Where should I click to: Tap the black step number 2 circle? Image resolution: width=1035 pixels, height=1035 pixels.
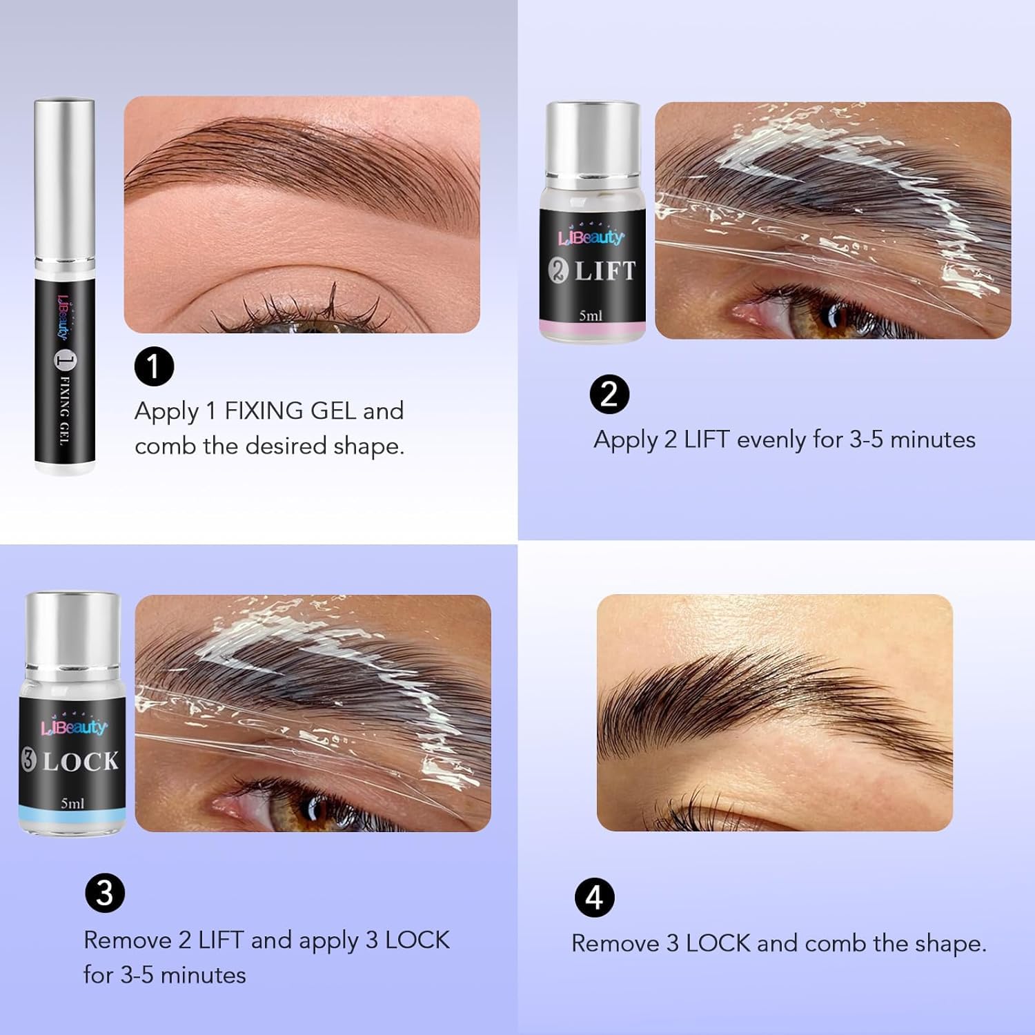click(609, 394)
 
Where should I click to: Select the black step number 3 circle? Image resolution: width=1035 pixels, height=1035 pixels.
click(104, 894)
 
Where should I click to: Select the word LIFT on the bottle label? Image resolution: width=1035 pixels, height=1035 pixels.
click(605, 270)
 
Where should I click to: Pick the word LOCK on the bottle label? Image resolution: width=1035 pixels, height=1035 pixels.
click(81, 762)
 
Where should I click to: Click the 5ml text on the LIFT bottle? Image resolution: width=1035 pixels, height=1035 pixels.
click(591, 315)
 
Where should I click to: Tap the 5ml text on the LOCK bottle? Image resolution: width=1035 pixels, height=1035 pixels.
click(72, 803)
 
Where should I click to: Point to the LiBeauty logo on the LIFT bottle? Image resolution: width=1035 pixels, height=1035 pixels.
click(591, 237)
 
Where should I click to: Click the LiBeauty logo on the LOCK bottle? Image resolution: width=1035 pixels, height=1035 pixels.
click(74, 726)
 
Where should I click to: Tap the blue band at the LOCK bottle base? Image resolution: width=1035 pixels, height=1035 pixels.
click(72, 819)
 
